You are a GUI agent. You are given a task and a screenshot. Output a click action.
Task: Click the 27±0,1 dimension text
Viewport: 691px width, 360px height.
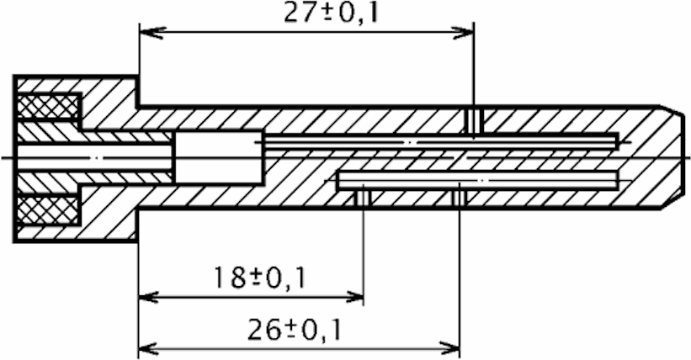pyautogui.click(x=331, y=13)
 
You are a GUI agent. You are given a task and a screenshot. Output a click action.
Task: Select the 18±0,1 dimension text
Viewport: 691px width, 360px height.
pyautogui.click(x=259, y=278)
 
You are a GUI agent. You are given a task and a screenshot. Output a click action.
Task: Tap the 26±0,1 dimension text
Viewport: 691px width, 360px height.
pyautogui.click(x=295, y=330)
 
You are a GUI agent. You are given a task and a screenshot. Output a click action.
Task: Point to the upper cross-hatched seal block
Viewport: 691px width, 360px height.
pyautogui.click(x=49, y=106)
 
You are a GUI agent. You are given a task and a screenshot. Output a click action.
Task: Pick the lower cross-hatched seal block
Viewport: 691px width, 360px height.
pyautogui.click(x=49, y=210)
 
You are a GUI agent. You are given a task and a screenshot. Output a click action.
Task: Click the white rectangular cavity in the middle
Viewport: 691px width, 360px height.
pyautogui.click(x=219, y=157)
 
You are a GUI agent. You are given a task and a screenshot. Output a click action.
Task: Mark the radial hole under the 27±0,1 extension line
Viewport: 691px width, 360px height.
pyautogui.click(x=474, y=119)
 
